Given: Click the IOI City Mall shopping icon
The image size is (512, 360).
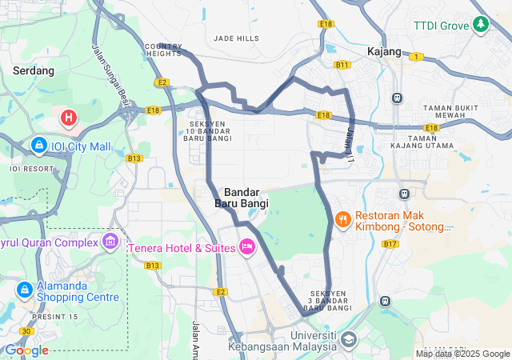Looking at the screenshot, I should coord(38,145).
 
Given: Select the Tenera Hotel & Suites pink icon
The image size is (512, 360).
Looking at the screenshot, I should coord(246,246).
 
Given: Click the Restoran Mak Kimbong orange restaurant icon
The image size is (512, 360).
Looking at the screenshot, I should coord(342,218).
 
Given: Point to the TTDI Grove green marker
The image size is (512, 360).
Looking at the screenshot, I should coord(481,26).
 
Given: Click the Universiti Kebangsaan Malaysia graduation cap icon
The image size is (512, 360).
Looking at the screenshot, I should coord(348,340).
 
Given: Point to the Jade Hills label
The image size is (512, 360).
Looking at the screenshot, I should coord(237,38).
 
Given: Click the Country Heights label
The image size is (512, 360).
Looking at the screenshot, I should coord(164,50).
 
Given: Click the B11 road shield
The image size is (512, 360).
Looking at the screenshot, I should coord(342,65).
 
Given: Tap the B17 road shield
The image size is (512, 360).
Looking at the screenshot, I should coord(390,243).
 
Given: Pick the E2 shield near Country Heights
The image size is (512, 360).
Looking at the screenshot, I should coord(162,82).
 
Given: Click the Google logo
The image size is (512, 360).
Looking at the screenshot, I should coord(26,350).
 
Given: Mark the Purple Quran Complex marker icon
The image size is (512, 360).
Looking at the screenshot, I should coord(110,242).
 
